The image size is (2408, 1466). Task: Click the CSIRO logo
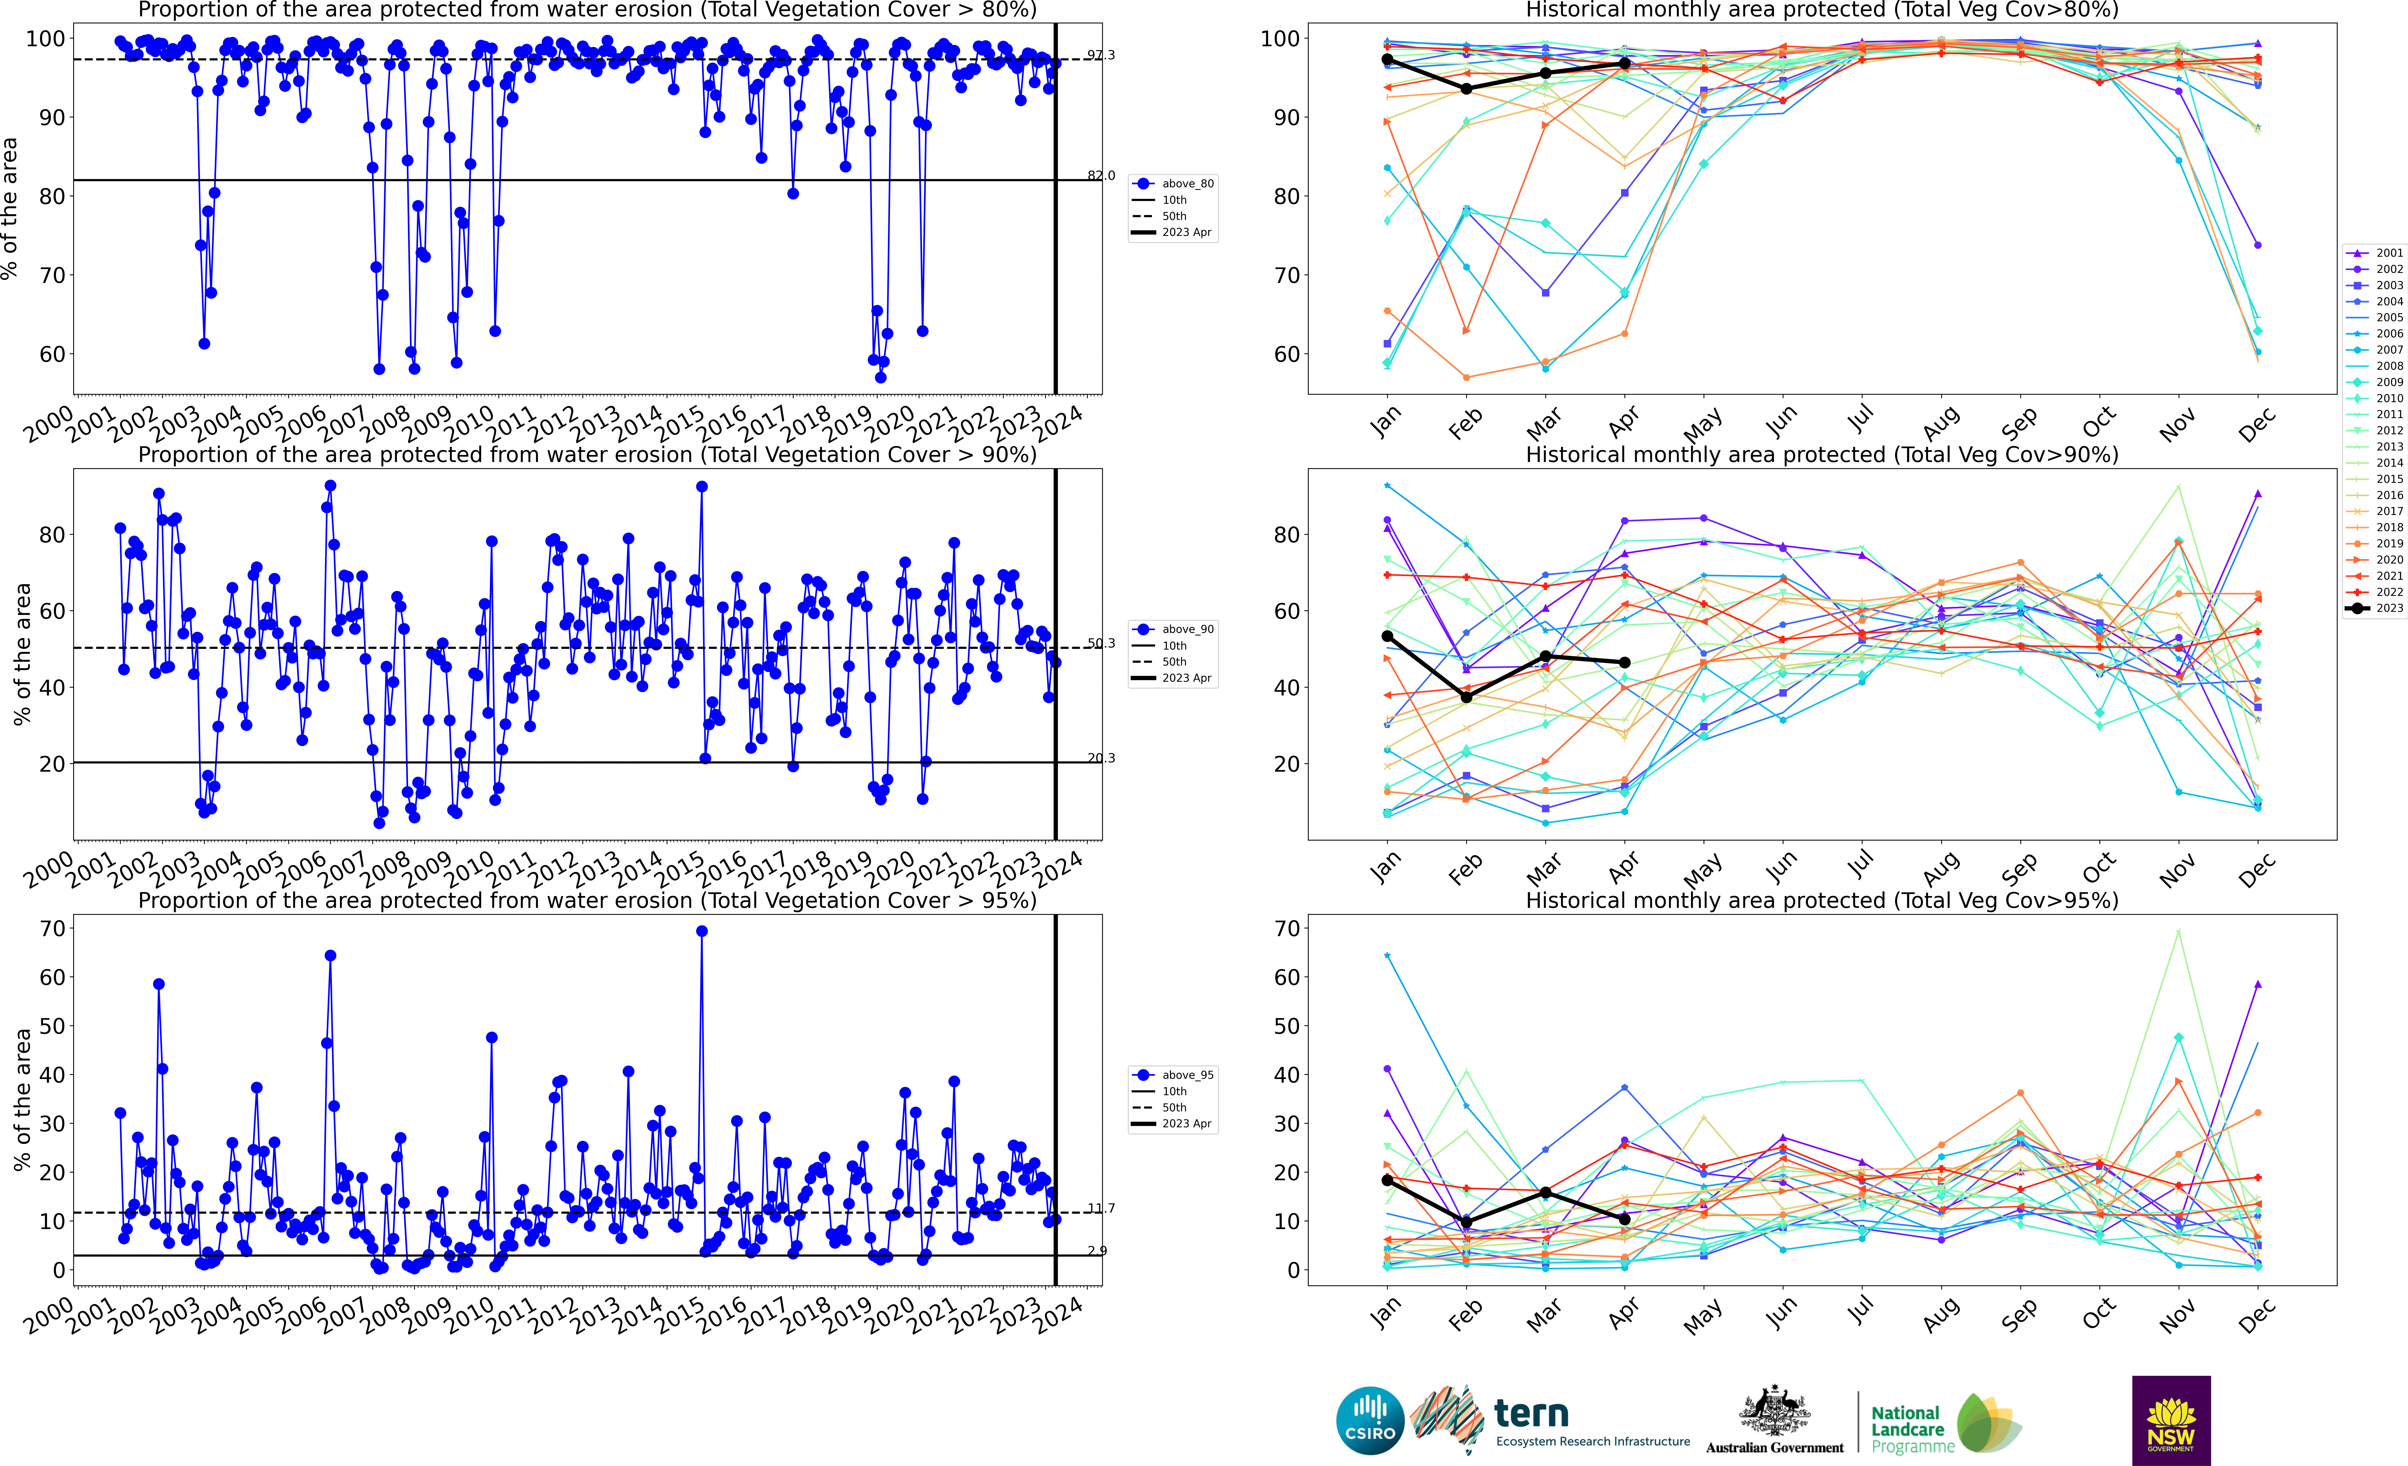pos(1369,1420)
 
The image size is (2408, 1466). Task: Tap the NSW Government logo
pos(2171,1420)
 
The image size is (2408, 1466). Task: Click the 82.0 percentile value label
pos(1100,176)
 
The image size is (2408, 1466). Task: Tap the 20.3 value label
pos(1100,758)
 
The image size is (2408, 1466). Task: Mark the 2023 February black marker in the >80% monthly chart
pos(1466,89)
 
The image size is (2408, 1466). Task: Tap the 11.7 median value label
pos(1100,1209)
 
